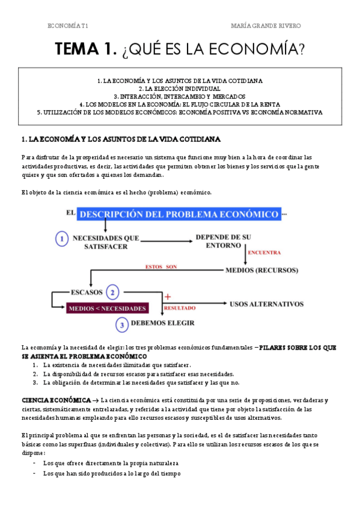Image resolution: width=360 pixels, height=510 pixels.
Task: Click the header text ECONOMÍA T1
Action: point(76,26)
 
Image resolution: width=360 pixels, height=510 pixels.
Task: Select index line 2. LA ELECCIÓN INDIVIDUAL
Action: point(180,88)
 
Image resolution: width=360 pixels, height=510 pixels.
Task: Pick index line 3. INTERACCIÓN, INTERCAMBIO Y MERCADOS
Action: point(180,96)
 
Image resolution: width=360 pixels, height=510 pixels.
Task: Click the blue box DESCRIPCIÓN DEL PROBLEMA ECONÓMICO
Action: point(178,215)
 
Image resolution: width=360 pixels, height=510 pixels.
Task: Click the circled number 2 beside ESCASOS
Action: point(112,293)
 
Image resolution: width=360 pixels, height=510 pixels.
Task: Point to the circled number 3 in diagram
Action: point(121,325)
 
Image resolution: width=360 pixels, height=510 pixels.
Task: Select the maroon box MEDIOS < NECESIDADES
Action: point(108,309)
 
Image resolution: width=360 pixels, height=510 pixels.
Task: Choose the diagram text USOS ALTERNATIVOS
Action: point(266,304)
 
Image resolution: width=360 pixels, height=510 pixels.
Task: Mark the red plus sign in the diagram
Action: point(168,297)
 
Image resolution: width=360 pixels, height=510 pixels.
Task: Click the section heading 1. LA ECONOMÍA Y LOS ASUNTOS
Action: point(121,140)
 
